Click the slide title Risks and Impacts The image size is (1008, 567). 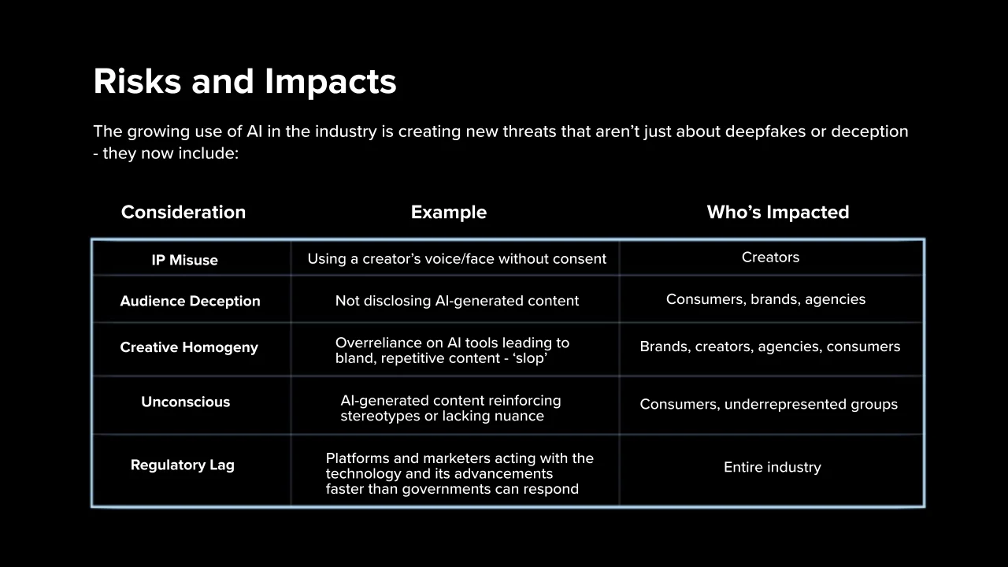click(245, 82)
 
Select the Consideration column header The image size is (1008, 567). click(183, 212)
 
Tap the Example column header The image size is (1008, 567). click(449, 212)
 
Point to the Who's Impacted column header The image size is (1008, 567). click(778, 212)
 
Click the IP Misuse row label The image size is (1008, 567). click(184, 260)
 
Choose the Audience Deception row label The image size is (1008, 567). click(191, 301)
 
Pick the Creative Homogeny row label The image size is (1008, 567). click(189, 347)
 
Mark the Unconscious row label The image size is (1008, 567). click(185, 402)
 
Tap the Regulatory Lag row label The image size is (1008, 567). click(182, 465)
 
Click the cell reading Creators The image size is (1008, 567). click(770, 257)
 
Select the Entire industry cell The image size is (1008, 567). click(773, 467)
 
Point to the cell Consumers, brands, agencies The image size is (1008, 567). click(766, 299)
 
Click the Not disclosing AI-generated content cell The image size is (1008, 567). click(457, 301)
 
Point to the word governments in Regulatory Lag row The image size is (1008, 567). click(454, 489)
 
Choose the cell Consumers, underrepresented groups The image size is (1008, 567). click(769, 404)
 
